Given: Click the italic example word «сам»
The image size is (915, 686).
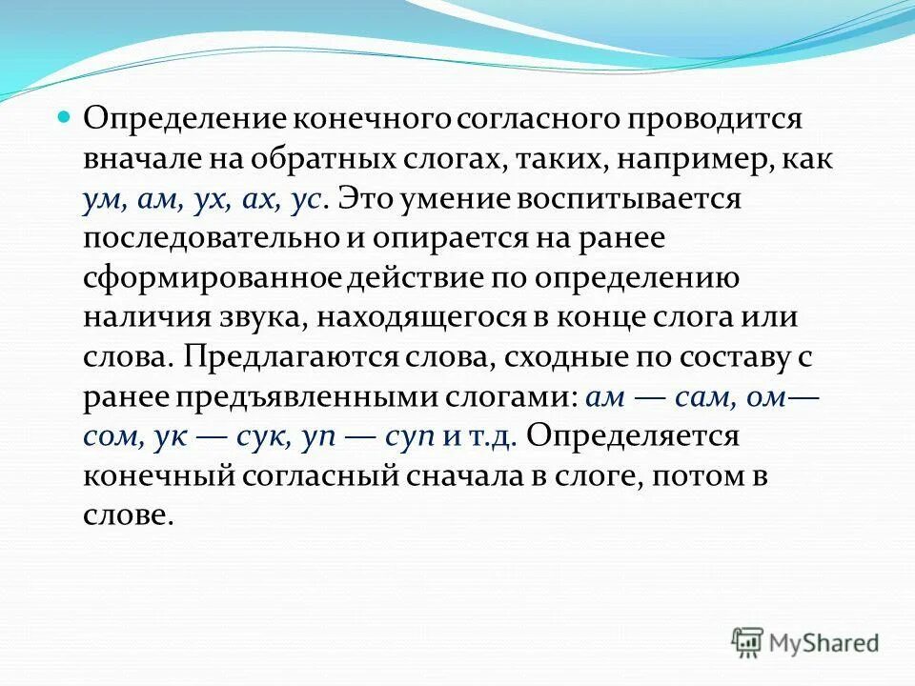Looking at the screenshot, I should click(x=701, y=396).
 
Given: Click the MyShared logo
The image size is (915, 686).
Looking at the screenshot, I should click(x=805, y=642).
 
